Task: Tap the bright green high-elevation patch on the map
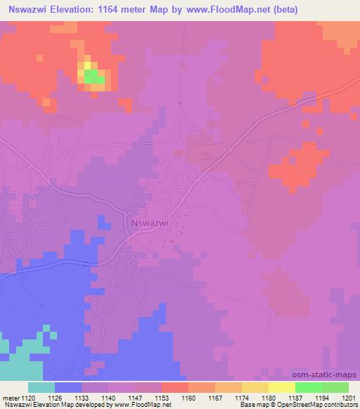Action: (x=94, y=77)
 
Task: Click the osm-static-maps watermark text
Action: (x=330, y=375)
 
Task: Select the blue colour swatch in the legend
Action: (x=68, y=387)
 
